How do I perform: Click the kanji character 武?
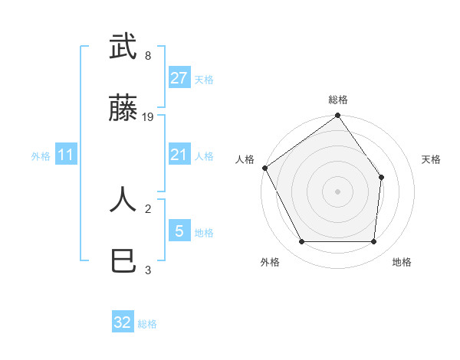tap(123, 47)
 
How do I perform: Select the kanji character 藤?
tap(123, 110)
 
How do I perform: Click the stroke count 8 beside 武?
tap(147, 56)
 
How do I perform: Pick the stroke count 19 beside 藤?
tap(149, 117)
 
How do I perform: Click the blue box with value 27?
tap(179, 78)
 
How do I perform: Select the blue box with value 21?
tap(179, 155)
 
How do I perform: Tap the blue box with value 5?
tap(179, 231)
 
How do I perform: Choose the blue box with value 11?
tap(66, 155)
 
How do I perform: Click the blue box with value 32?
tap(123, 322)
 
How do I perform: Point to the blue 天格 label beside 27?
tap(204, 80)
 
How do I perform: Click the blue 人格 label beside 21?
tap(204, 156)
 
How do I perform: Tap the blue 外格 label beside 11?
tap(41, 156)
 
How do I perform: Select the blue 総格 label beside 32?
tap(147, 324)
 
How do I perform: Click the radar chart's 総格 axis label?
tap(338, 100)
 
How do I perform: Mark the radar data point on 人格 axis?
tap(265, 168)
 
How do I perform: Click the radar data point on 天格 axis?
tap(382, 178)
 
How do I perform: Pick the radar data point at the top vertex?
tap(338, 116)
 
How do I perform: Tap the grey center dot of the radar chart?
tap(338, 191)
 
